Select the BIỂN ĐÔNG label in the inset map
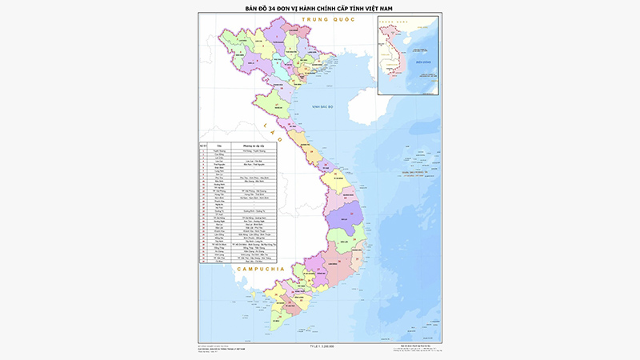click(423, 62)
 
